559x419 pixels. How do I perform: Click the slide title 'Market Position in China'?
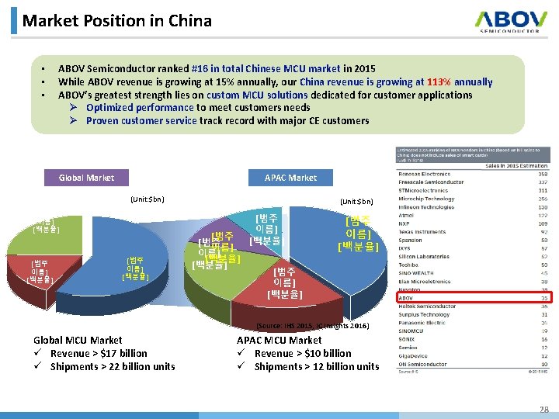coord(116,20)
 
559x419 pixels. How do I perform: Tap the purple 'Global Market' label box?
coord(86,178)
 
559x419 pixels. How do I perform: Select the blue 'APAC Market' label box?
coord(290,178)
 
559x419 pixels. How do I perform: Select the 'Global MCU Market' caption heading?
coord(78,340)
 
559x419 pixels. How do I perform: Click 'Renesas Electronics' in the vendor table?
coord(425,175)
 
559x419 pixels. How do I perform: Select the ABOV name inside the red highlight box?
coord(408,297)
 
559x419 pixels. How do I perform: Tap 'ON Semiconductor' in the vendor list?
coord(424,364)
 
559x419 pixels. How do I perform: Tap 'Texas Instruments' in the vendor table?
coord(423,232)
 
